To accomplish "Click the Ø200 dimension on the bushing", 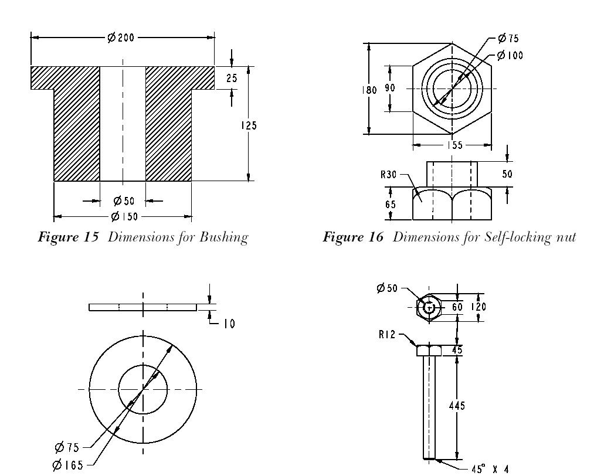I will [x=121, y=38].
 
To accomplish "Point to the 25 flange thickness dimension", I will [x=232, y=77].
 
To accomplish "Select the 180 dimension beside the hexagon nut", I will [x=369, y=90].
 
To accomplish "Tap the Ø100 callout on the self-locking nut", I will [x=510, y=56].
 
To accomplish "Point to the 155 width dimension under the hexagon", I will [x=452, y=145].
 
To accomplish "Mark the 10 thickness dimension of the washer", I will [x=229, y=323].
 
